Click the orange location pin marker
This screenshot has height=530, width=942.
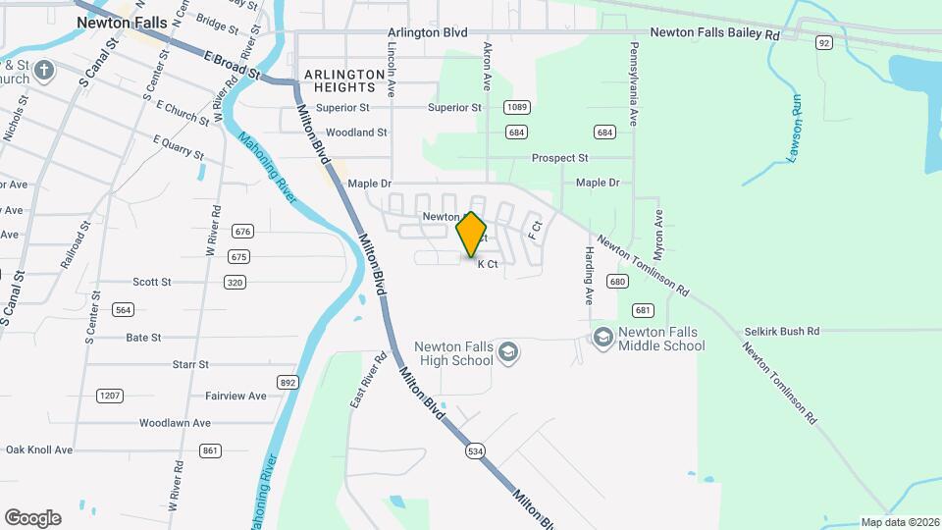tap(472, 235)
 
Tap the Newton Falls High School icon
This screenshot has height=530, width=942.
tap(507, 352)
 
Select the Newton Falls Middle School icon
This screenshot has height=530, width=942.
tap(602, 338)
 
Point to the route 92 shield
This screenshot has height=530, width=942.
tap(824, 42)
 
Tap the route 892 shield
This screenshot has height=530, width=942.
tap(288, 382)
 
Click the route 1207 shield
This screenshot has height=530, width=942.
tap(109, 396)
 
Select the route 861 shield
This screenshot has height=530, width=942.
tap(210, 450)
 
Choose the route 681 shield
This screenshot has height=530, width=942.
tap(643, 310)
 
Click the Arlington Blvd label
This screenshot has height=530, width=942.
tap(427, 32)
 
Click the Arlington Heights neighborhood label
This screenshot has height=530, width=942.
tap(343, 80)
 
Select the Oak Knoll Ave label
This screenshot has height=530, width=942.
tap(39, 450)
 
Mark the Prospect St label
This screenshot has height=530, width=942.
tap(559, 158)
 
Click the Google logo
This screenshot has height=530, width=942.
tap(32, 518)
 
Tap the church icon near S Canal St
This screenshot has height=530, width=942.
tap(43, 71)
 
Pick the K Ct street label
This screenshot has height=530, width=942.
tap(488, 264)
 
